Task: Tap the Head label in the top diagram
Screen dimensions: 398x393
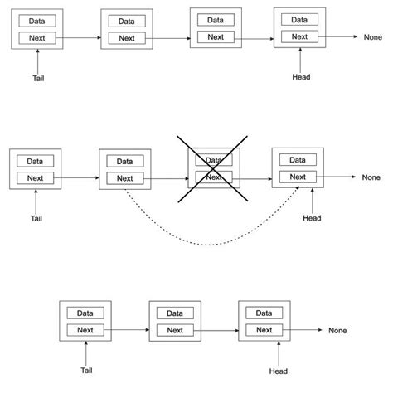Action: coord(301,78)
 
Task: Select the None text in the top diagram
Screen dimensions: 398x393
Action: coord(373,37)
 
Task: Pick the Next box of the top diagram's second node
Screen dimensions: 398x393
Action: coord(125,38)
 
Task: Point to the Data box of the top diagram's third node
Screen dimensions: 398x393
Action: coord(215,18)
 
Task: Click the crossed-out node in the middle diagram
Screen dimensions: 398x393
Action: coord(214,168)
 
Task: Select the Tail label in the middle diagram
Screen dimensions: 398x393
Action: coord(36,219)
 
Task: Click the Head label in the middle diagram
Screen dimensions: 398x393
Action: coord(311,219)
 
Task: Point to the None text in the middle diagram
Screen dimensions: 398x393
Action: coord(371,177)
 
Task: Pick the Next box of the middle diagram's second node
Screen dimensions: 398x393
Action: coord(124,178)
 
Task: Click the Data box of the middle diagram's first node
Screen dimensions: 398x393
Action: coord(35,161)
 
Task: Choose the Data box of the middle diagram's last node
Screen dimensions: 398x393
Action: coord(297,159)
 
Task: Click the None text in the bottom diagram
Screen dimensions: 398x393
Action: coord(337,330)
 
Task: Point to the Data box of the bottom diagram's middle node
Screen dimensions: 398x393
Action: coord(174,313)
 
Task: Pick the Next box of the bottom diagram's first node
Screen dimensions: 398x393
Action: coord(85,330)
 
